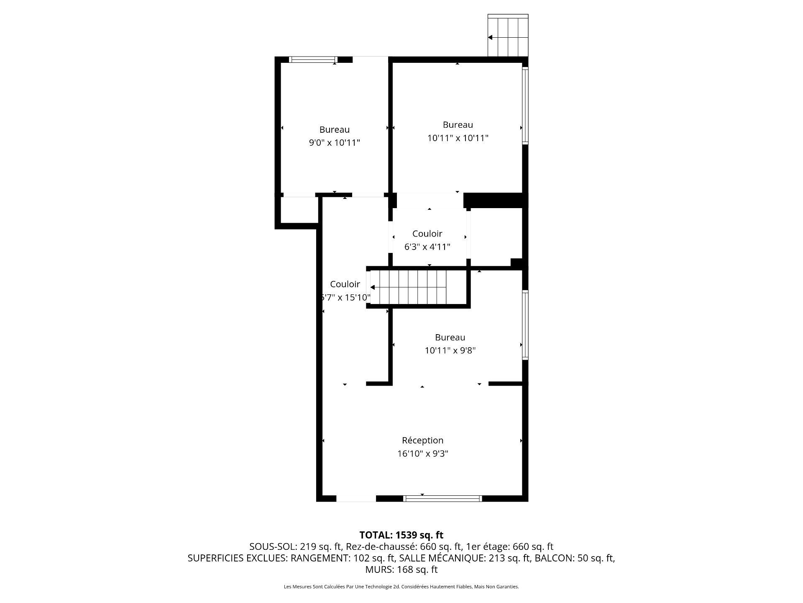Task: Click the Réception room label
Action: click(x=422, y=440)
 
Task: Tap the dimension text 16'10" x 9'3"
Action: click(x=422, y=454)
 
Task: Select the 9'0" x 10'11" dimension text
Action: click(x=335, y=143)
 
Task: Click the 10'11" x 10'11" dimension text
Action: click(x=458, y=138)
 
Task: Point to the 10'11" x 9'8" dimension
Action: click(x=450, y=350)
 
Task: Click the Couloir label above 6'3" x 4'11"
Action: click(x=427, y=234)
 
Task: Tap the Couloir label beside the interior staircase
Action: click(x=345, y=284)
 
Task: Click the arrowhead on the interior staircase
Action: click(x=372, y=287)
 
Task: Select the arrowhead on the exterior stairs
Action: click(x=490, y=37)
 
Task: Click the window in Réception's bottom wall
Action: click(x=442, y=498)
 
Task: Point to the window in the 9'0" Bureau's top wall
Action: click(x=314, y=59)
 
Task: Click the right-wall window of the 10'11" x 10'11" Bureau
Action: click(x=525, y=106)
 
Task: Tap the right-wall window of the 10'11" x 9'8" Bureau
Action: click(x=525, y=325)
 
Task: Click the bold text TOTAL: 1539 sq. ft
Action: click(x=401, y=535)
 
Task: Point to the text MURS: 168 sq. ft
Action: click(x=401, y=569)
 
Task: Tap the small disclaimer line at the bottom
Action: click(x=401, y=587)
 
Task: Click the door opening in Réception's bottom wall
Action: click(x=356, y=498)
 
